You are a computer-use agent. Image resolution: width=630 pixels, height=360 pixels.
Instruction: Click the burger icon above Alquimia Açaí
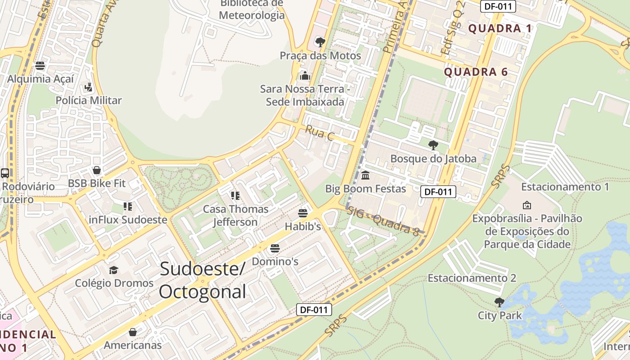40,66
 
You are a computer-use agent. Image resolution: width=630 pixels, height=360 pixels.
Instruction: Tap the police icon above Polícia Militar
88,87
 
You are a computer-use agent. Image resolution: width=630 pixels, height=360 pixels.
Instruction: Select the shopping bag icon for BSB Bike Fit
96,170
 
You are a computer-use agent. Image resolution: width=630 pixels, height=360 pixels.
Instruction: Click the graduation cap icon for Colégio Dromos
113,270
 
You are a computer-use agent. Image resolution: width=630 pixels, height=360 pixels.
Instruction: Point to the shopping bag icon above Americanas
132,332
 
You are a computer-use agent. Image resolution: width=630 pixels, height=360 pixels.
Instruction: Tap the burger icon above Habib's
303,213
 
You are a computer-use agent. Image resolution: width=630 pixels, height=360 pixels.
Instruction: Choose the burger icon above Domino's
274,248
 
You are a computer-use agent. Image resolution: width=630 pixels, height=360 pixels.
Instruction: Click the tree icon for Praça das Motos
320,42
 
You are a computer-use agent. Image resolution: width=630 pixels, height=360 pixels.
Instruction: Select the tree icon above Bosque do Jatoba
433,145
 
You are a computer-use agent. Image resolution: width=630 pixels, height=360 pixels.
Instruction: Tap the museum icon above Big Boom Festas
365,175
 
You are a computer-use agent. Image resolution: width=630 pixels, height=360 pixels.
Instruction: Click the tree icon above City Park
499,301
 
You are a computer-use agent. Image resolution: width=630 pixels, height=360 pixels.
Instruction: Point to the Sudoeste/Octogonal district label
202,280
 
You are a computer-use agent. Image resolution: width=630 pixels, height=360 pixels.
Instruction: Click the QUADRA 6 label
476,72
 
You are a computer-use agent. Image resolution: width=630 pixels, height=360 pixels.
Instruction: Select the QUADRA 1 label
500,29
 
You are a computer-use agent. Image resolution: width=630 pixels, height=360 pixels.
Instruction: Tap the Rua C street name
319,133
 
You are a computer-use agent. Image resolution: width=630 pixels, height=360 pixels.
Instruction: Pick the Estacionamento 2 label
472,278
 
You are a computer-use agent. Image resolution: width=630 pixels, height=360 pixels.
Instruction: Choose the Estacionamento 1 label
565,187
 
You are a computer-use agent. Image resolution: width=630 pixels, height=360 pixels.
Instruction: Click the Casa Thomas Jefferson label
235,215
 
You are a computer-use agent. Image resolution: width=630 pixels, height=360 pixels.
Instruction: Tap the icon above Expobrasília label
526,205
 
